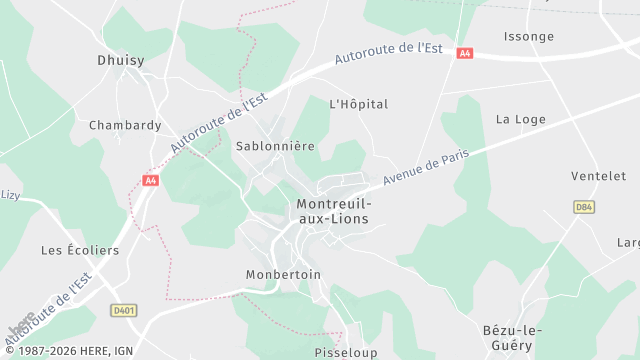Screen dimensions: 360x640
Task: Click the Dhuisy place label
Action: pos(120,60)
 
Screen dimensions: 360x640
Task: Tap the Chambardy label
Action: pos(125,126)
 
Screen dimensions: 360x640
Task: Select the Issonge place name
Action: pos(529,37)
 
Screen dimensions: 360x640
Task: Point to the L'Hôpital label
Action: pos(358,104)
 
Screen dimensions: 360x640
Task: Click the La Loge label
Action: pos(521,119)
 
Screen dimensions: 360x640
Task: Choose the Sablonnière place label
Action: pos(275,146)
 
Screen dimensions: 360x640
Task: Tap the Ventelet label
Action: pos(598,176)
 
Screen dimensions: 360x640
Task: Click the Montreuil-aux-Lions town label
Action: pos(333,211)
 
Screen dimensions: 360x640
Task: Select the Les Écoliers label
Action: pos(79,250)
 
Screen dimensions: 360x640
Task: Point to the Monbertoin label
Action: pos(283,274)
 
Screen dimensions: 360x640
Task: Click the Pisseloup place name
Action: pos(345,353)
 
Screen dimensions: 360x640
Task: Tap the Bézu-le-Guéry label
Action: pos(507,337)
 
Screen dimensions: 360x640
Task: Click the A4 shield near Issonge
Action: pos(464,53)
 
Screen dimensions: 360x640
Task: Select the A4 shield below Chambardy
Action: pos(150,181)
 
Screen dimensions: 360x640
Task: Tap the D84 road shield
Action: pos(584,206)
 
